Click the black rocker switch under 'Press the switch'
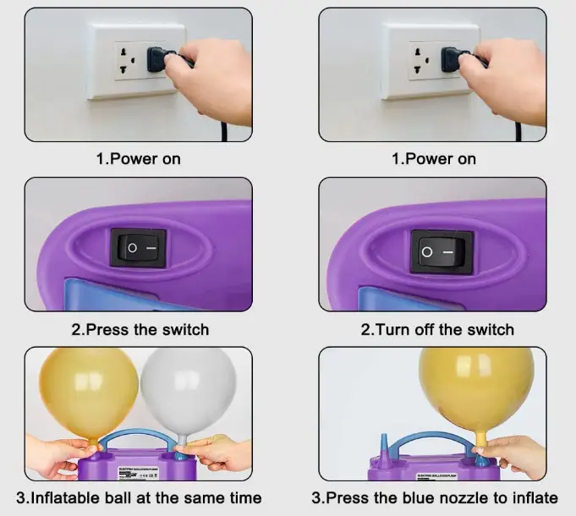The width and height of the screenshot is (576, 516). (138, 248)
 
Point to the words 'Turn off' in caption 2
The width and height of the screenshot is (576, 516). (403, 329)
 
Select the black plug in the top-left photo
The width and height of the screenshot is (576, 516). (161, 59)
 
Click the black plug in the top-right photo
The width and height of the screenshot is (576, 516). (455, 59)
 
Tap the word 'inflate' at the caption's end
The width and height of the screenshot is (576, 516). (535, 497)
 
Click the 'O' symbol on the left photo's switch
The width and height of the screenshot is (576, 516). (130, 249)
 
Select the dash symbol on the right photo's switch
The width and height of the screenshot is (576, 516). (451, 251)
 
